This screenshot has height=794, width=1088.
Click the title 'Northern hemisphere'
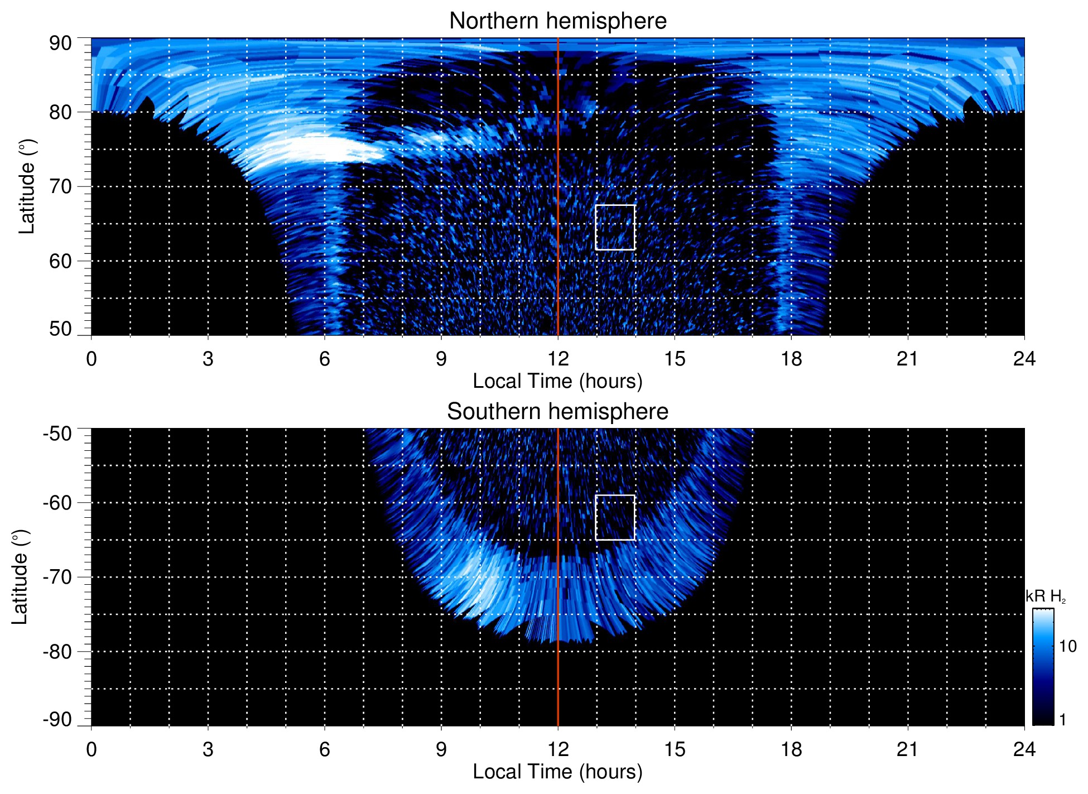click(x=557, y=21)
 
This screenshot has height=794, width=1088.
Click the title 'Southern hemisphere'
click(x=557, y=412)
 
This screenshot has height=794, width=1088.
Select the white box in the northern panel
click(x=615, y=227)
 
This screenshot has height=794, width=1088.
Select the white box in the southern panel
click(x=615, y=517)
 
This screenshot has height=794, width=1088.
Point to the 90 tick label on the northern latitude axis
click(x=60, y=44)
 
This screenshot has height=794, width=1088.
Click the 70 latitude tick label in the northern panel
click(x=60, y=186)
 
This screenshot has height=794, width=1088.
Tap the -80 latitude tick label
click(x=57, y=652)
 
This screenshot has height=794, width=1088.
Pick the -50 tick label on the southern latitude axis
click(x=57, y=434)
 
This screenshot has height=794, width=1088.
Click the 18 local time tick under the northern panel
click(x=791, y=359)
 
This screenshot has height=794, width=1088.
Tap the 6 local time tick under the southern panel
click(x=325, y=749)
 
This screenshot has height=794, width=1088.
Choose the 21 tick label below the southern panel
click(x=907, y=749)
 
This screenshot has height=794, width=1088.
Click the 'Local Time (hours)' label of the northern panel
click(x=557, y=381)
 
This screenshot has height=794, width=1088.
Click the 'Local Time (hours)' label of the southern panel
click(x=557, y=772)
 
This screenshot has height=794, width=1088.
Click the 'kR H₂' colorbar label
click(x=1045, y=596)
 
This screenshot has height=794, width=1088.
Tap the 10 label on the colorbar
click(x=1067, y=647)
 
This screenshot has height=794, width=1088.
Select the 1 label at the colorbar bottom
click(x=1062, y=720)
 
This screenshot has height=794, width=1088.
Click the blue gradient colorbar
click(x=1042, y=667)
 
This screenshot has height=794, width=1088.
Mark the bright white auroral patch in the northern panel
click(x=312, y=150)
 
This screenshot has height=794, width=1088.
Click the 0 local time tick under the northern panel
click(x=92, y=359)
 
